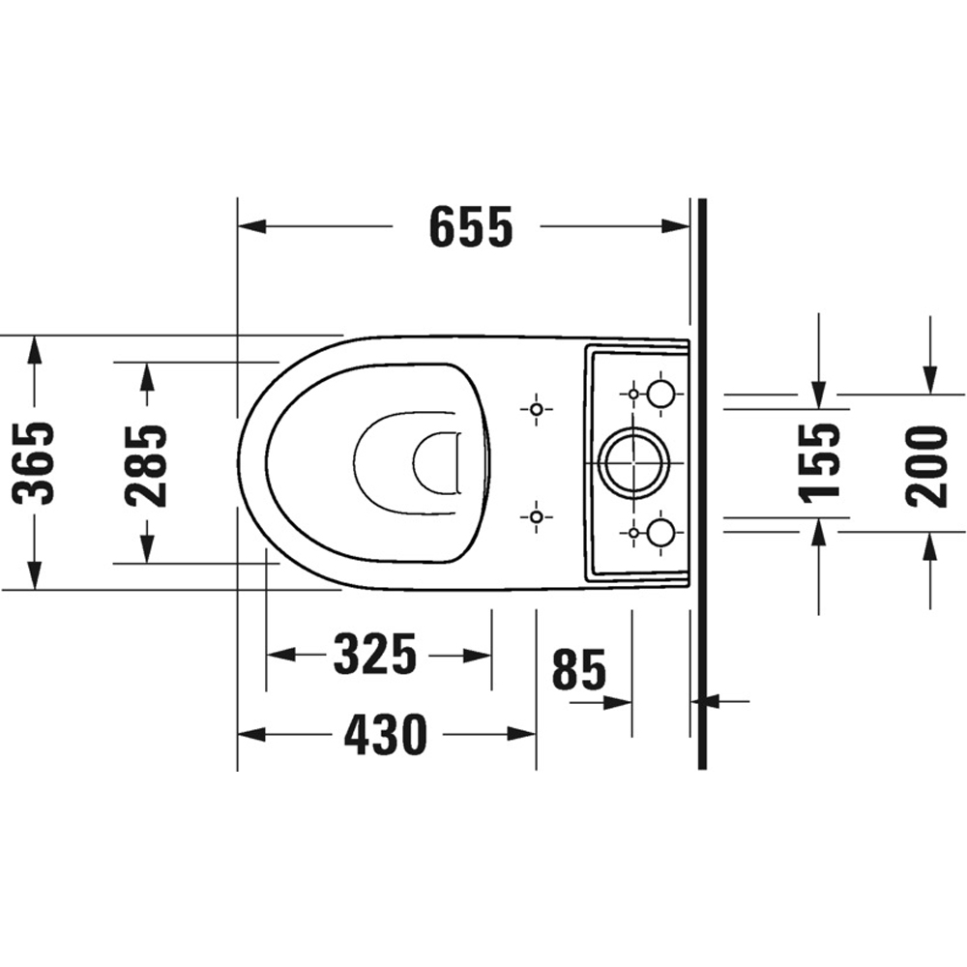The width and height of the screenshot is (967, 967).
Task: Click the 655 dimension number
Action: (471, 227)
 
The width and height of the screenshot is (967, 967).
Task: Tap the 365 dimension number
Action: (33, 463)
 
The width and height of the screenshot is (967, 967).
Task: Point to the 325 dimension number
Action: (375, 655)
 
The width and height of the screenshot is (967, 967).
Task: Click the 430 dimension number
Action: (386, 735)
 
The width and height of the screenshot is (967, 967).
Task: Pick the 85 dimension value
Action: (579, 670)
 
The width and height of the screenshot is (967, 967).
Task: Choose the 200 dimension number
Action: (926, 467)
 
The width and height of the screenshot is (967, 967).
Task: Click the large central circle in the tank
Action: (634, 462)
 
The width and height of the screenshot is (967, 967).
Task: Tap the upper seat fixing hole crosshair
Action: (536, 409)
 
